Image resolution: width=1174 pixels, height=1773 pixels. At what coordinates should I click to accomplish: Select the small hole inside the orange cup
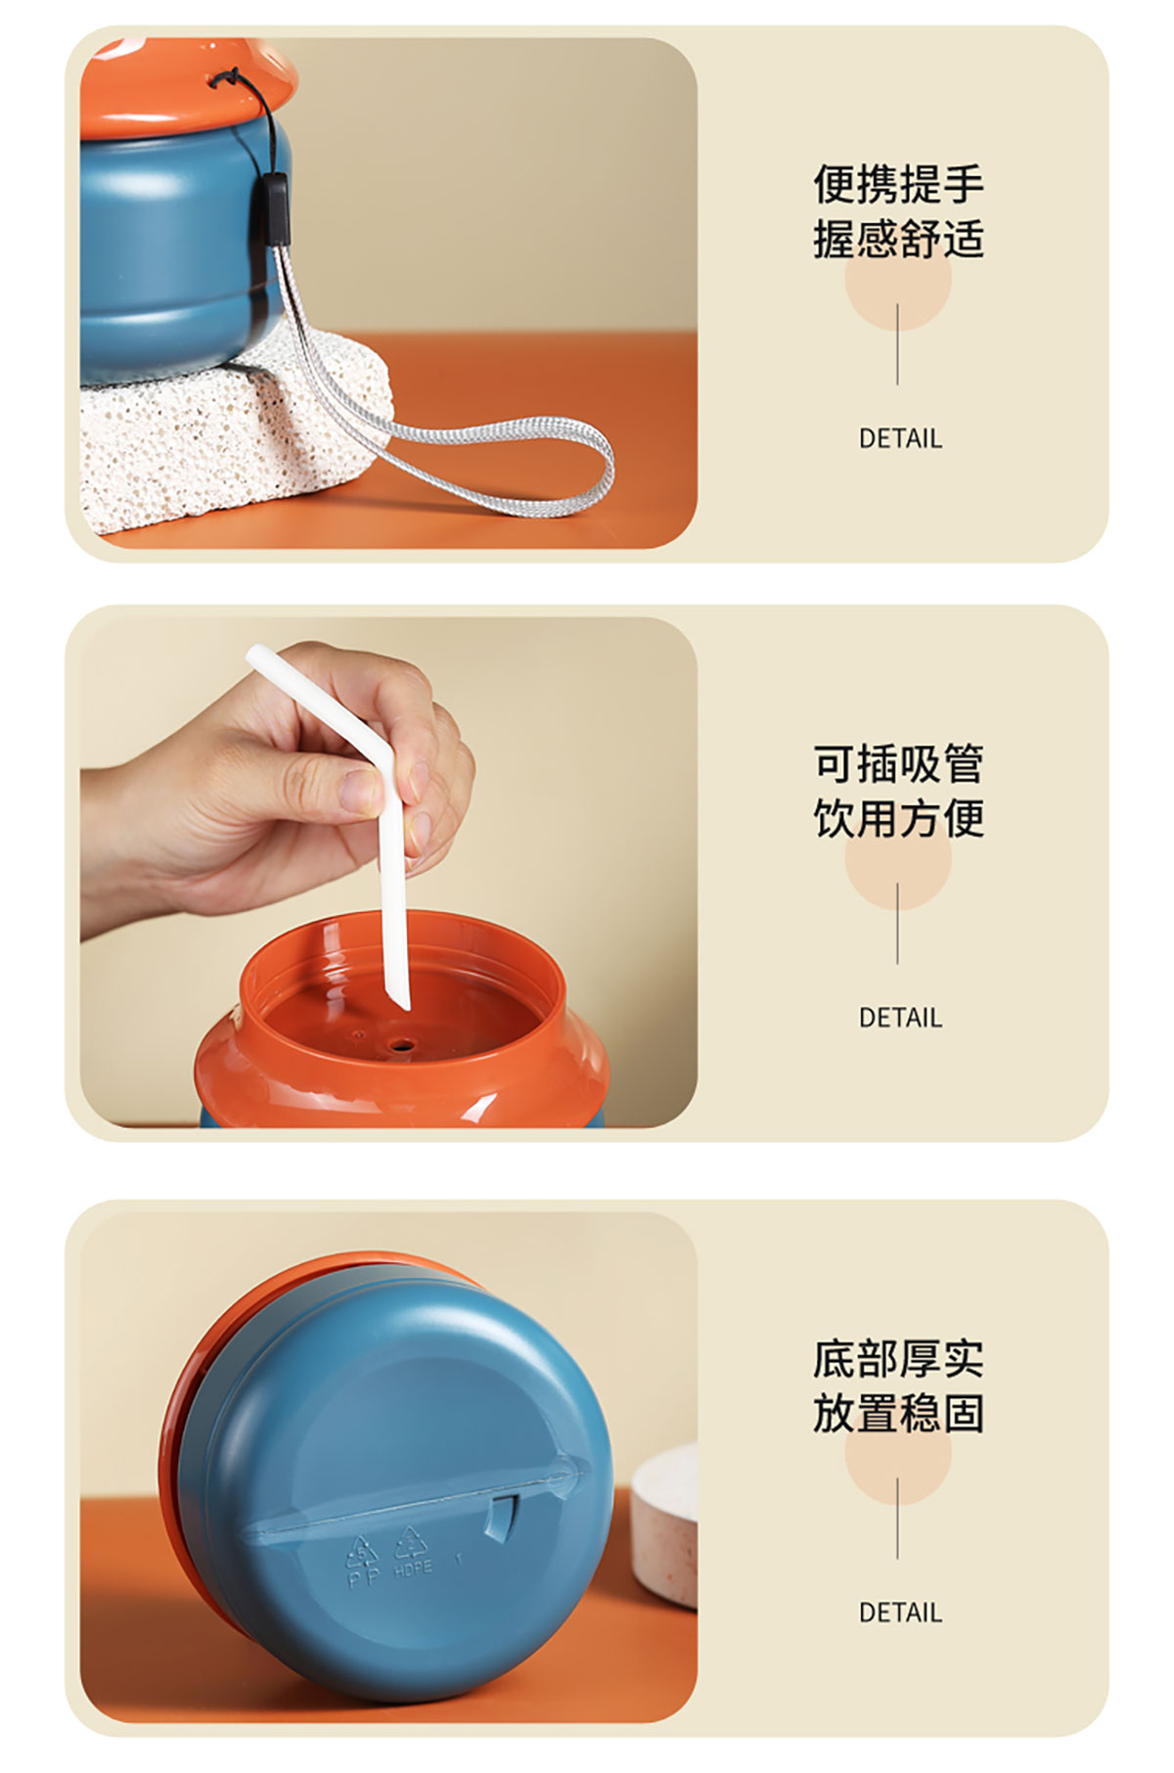(398, 1046)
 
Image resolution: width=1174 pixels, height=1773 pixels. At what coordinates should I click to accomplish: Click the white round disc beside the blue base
(665, 1527)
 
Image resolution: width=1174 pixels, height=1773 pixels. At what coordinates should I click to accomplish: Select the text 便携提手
(898, 184)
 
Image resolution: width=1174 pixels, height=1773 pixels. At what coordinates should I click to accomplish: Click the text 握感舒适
(898, 239)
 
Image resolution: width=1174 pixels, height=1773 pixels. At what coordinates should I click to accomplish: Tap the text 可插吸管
(898, 763)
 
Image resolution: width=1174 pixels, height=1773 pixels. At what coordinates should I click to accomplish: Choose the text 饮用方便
(898, 818)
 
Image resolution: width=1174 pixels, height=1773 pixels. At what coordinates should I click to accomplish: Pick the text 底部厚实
(898, 1358)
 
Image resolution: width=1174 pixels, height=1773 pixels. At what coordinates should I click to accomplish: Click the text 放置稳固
(898, 1413)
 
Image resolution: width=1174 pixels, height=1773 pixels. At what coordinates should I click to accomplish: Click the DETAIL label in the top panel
(900, 438)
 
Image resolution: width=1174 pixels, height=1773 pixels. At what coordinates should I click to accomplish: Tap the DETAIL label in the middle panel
(900, 1018)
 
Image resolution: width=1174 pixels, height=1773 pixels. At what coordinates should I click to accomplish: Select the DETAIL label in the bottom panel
(900, 1613)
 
